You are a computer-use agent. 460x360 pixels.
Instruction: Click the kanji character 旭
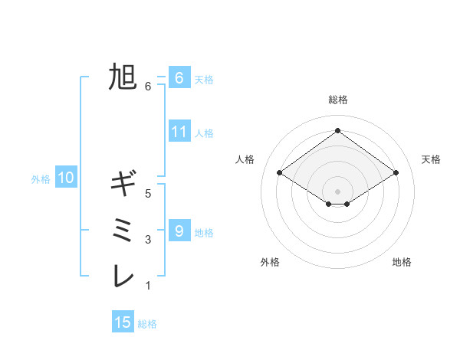[122, 77]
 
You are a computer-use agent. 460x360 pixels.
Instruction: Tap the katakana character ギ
[122, 184]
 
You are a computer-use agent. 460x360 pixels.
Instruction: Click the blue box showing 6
[179, 77]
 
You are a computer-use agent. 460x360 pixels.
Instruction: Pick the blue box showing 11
[179, 131]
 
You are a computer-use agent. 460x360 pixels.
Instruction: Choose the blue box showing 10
[66, 178]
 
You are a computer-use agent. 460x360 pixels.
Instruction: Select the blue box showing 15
[123, 322]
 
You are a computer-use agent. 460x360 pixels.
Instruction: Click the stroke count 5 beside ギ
[148, 194]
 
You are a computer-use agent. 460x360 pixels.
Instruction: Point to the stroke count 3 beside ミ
[148, 240]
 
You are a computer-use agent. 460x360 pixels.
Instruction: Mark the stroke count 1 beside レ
[148, 286]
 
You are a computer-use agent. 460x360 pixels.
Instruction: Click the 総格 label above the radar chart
[337, 100]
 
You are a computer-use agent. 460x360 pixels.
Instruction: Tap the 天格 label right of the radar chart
[431, 159]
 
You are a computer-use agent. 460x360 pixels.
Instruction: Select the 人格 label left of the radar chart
[245, 159]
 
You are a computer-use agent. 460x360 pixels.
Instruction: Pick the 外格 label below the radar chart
[270, 262]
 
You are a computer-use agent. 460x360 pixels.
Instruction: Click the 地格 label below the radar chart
[402, 262]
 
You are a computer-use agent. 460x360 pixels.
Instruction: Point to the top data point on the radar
[337, 130]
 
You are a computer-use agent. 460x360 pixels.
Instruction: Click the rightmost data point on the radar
[396, 173]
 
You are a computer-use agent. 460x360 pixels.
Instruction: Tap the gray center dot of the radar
[337, 191]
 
